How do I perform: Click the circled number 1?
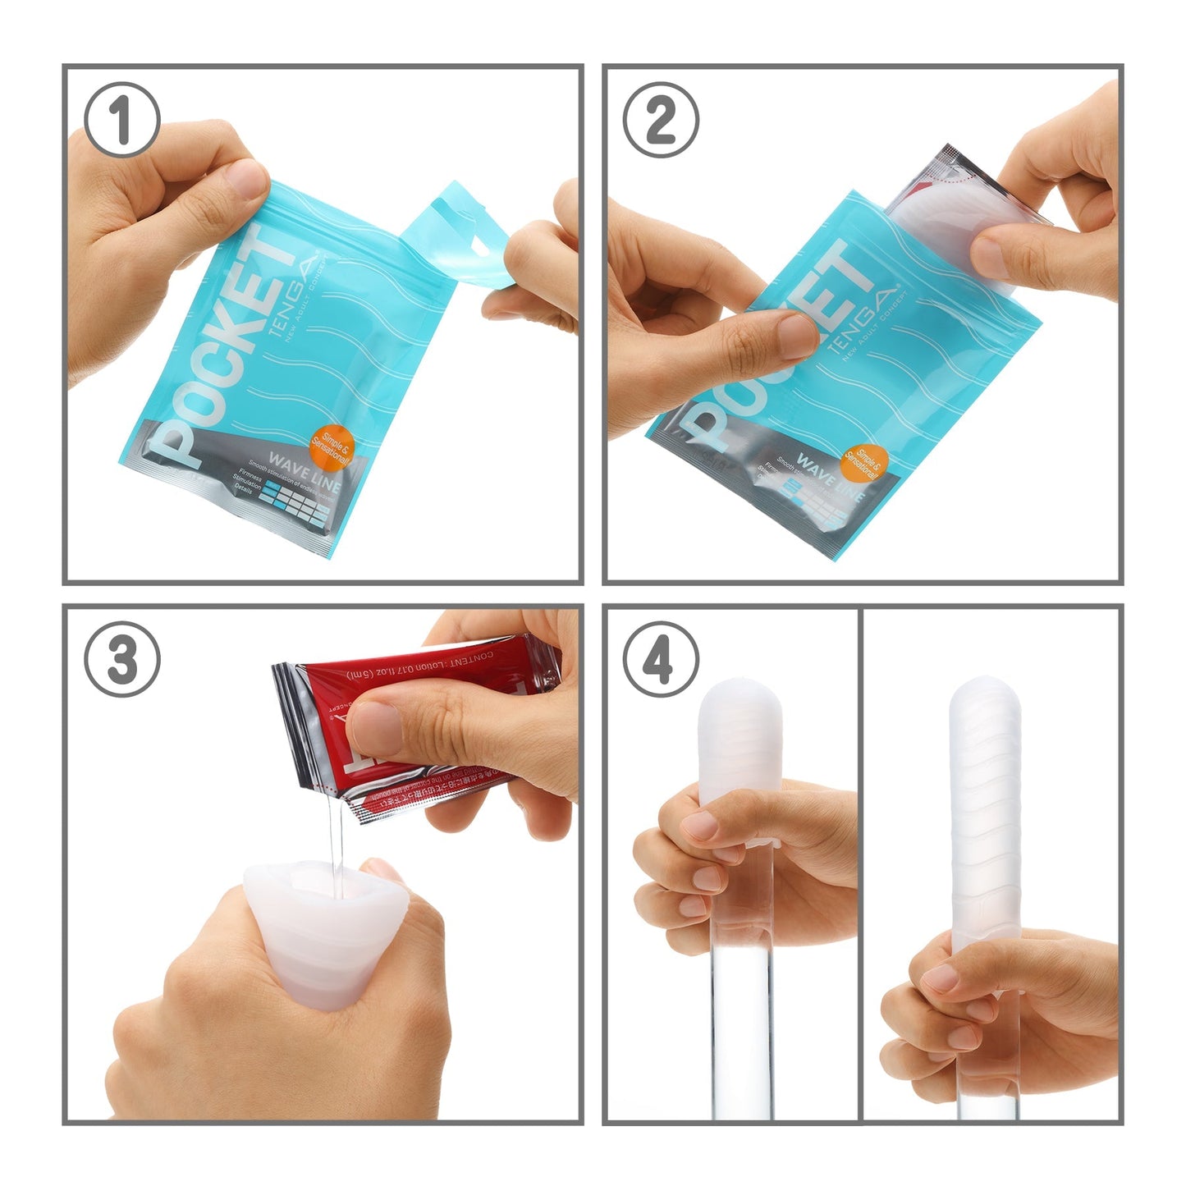(x=122, y=120)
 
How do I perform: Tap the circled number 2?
(x=661, y=120)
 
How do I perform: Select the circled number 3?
(x=122, y=659)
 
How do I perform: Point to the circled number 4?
(x=661, y=659)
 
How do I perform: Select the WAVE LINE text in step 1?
(x=305, y=474)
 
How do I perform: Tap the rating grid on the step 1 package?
(x=296, y=501)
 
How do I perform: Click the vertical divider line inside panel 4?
(x=860, y=862)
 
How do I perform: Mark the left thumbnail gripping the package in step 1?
(x=246, y=176)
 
